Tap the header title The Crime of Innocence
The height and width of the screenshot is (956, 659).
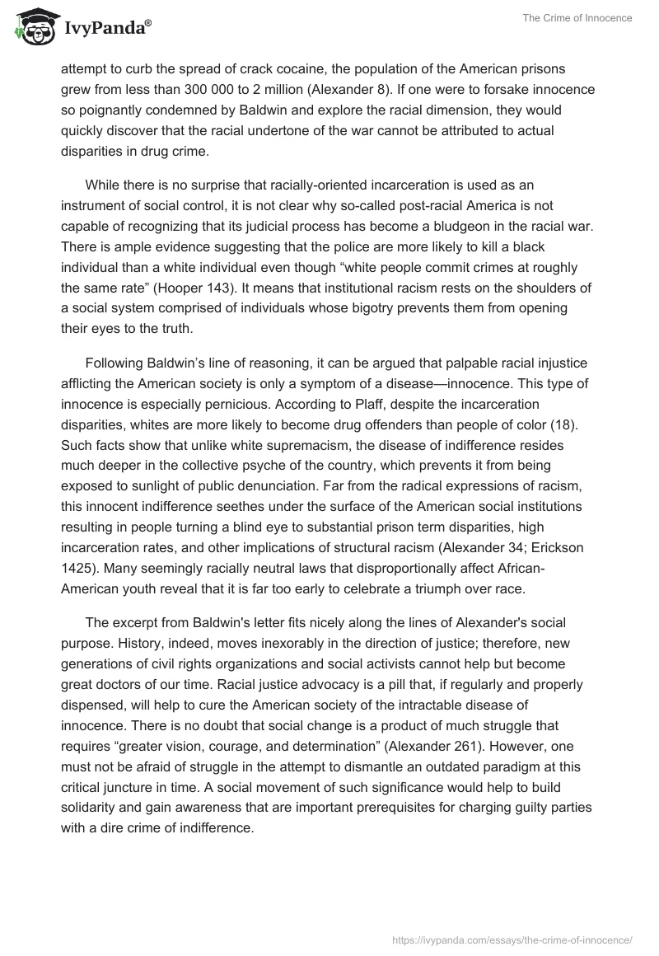[x=577, y=18]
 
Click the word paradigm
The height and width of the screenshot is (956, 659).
[x=510, y=766]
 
